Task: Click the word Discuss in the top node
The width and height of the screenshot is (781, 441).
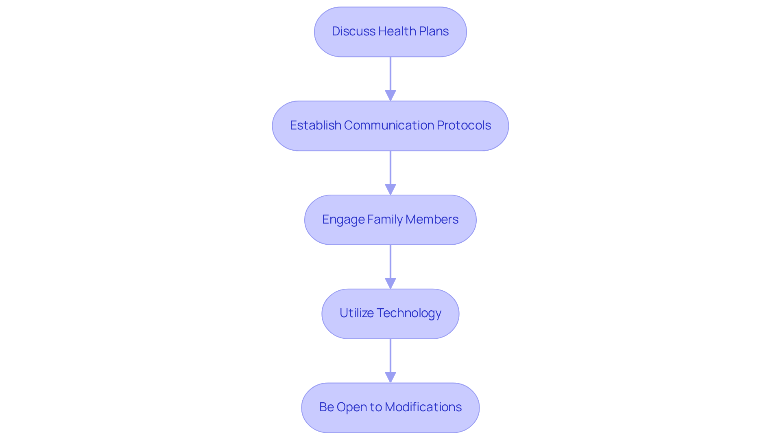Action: coord(353,31)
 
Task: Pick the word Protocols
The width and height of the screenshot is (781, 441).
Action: coord(464,125)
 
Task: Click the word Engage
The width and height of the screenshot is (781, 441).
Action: coord(343,220)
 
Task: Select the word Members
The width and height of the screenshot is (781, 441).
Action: coord(432,219)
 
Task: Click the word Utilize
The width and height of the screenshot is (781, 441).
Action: coord(356,313)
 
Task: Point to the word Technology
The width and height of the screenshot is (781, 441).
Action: coord(409,314)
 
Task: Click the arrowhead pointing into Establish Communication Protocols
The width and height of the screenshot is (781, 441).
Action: coord(390,96)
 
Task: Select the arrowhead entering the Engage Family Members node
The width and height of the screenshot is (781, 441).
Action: coord(390,190)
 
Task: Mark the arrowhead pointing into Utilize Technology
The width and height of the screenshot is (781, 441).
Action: coord(390,284)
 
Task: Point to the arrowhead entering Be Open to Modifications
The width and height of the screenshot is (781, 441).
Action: coord(390,377)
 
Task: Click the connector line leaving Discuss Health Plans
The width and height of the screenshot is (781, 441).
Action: coord(390,73)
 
